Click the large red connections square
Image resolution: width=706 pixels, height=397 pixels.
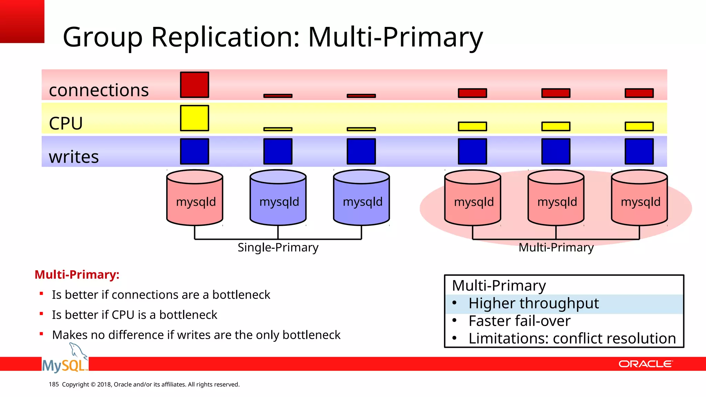click(x=194, y=85)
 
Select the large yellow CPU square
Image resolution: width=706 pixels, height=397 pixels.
click(x=194, y=118)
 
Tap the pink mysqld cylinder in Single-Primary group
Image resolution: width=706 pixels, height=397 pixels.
click(x=195, y=198)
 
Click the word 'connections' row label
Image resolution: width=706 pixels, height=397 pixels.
click(x=99, y=90)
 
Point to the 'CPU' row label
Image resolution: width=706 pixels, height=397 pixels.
click(x=66, y=123)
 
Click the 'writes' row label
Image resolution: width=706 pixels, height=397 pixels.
click(x=74, y=157)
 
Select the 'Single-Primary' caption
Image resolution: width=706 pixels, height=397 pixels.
click(x=278, y=247)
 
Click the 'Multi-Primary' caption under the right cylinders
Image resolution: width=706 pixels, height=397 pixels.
click(x=556, y=247)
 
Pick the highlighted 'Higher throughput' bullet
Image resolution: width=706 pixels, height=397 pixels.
click(x=533, y=304)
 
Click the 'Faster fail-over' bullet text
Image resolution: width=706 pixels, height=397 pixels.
click(x=519, y=321)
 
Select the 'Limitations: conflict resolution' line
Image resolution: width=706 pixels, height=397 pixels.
click(x=572, y=339)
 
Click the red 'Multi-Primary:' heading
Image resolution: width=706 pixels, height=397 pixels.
click(x=77, y=275)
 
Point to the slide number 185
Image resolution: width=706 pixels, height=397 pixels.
click(x=54, y=384)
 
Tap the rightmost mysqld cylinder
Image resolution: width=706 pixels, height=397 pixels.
click(x=639, y=198)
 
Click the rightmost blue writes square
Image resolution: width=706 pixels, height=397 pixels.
click(x=639, y=151)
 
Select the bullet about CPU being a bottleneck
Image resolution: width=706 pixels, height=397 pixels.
click(x=134, y=315)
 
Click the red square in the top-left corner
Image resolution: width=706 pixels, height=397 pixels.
click(x=22, y=21)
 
